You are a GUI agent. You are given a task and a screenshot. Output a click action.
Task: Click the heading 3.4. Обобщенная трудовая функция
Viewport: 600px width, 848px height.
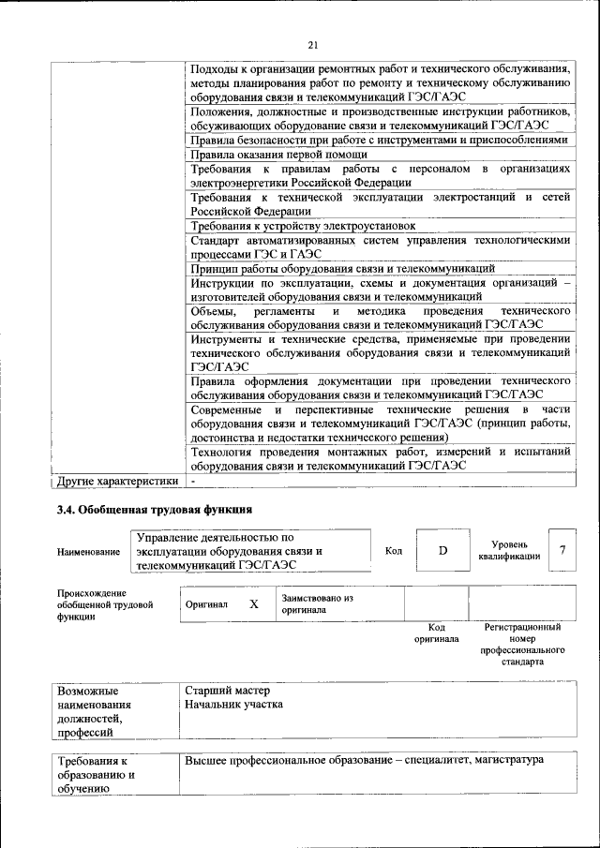coord(154,510)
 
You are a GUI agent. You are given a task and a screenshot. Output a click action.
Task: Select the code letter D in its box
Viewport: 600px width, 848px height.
coord(443,551)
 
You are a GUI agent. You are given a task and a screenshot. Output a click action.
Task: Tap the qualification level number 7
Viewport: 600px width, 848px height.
coord(562,551)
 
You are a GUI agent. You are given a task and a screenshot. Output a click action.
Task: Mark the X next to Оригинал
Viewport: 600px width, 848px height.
coord(253,604)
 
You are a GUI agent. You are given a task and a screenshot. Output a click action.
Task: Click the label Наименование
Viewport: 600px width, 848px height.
coord(88,552)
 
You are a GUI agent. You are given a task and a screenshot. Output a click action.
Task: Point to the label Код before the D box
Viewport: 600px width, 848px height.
coord(394,551)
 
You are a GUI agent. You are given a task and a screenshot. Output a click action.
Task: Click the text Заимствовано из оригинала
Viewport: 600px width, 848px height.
coord(317,603)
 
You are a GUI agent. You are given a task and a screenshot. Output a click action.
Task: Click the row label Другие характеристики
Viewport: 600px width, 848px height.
coord(117,482)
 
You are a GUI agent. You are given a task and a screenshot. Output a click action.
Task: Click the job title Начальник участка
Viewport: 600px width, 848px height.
coord(233,705)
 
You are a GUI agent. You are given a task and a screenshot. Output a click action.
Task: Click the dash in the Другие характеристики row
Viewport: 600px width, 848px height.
coord(193,482)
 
